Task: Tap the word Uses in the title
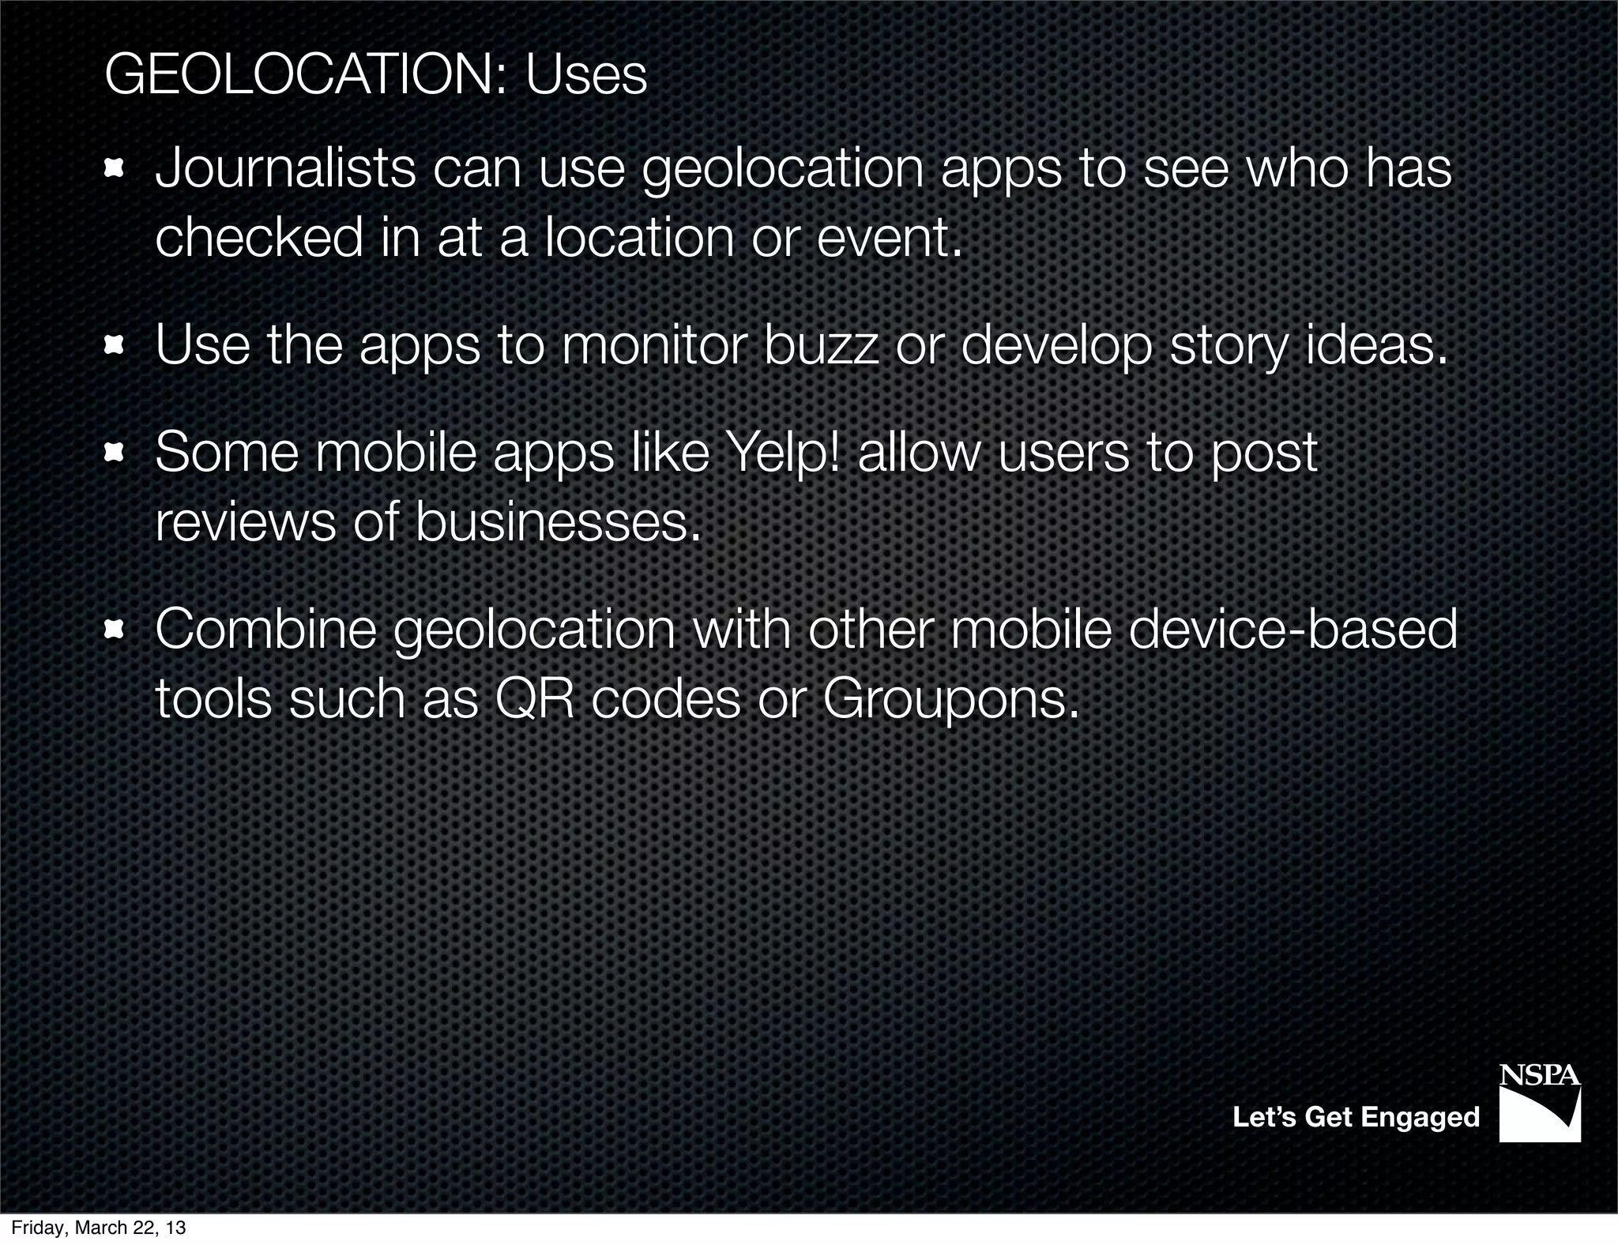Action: coord(585,76)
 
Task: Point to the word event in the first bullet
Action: coord(889,238)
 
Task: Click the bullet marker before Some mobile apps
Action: coord(115,453)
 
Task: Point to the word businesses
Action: coord(558,522)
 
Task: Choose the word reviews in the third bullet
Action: coord(245,522)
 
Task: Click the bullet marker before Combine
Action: coord(115,630)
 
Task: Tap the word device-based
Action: coord(1293,630)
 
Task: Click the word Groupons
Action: coord(950,699)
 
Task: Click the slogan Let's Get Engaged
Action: coord(1356,1117)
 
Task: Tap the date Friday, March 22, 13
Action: coord(98,1228)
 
